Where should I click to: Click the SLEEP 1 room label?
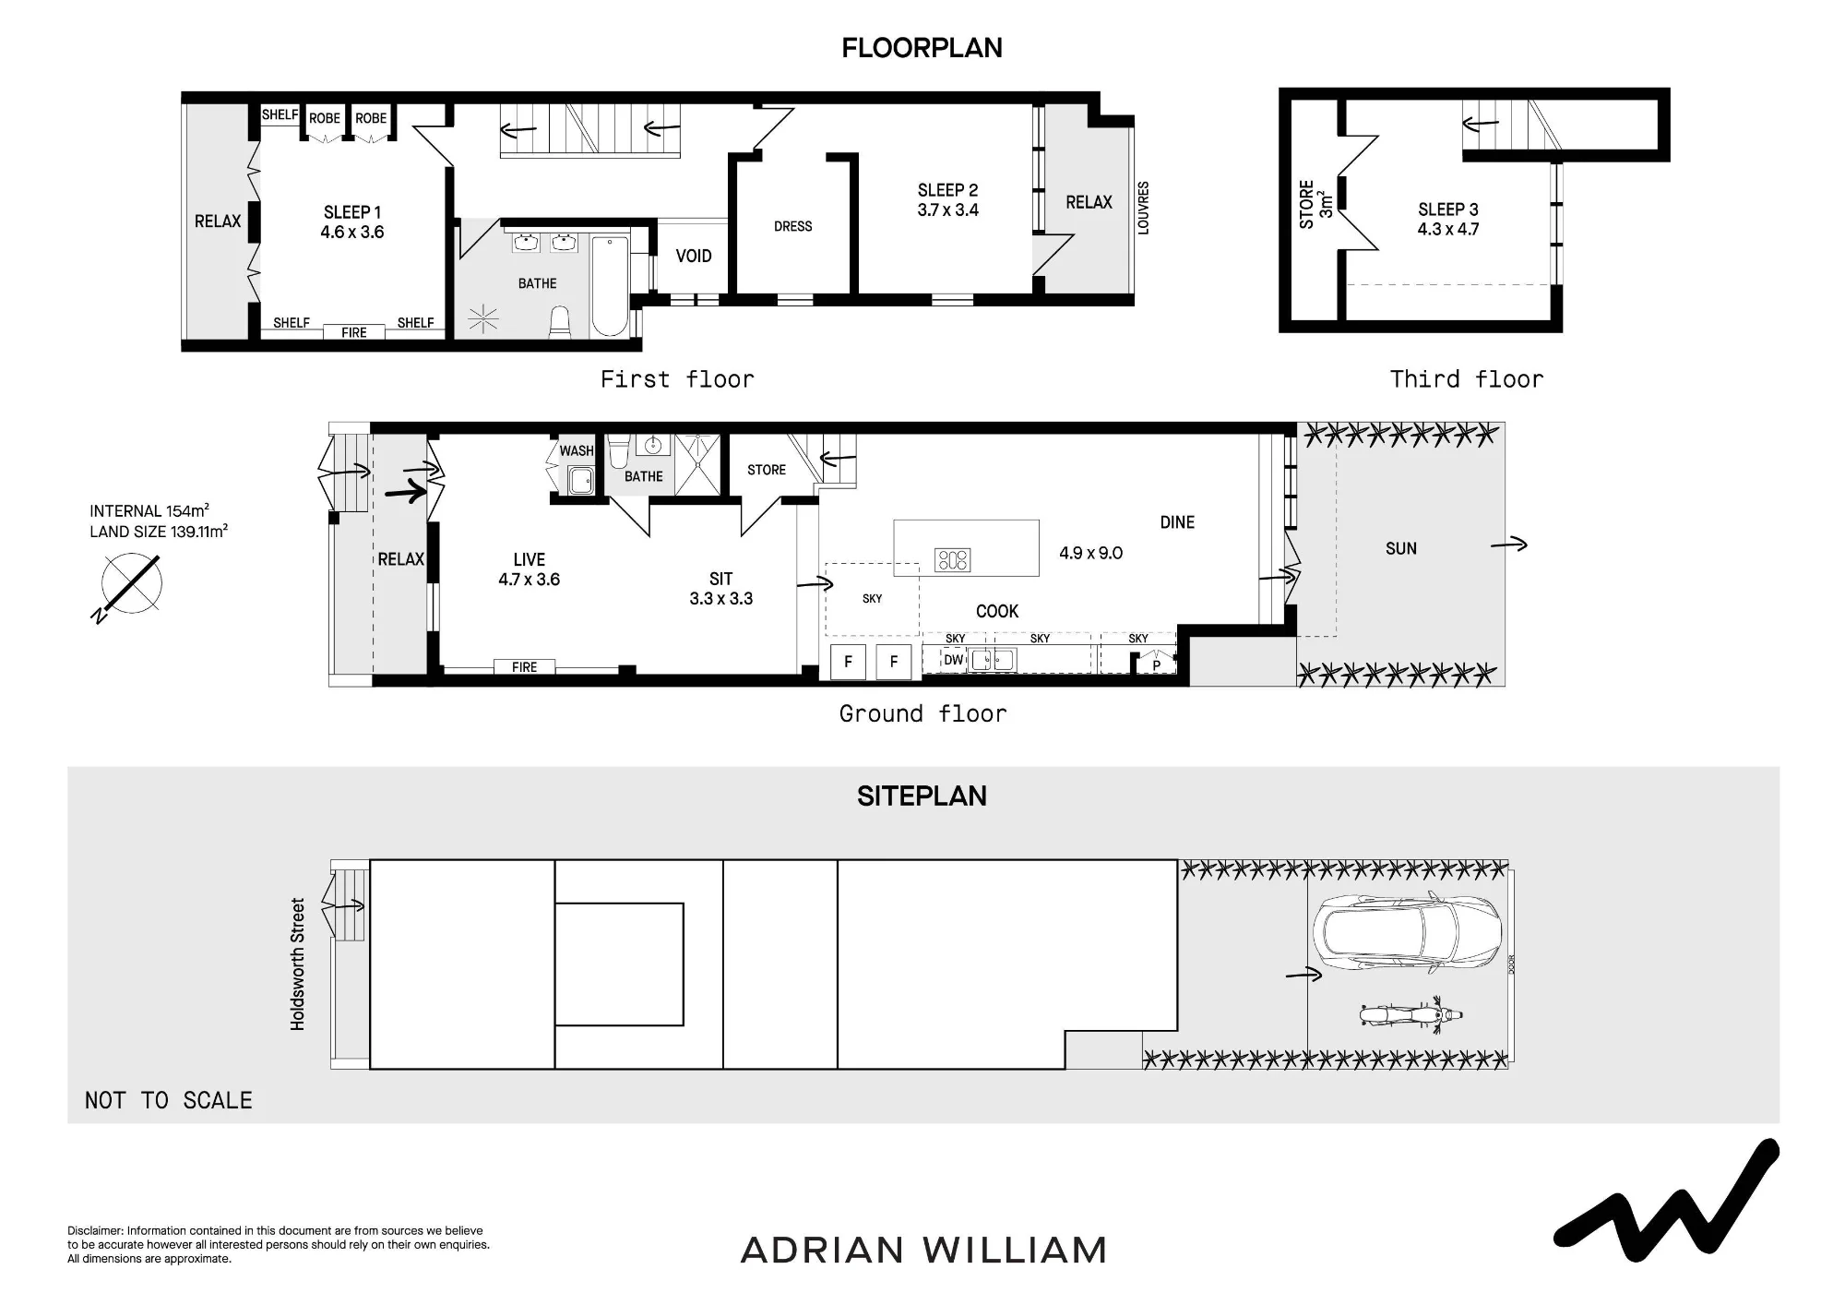tap(352, 212)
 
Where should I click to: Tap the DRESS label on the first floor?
tap(793, 226)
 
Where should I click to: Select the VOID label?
tap(694, 256)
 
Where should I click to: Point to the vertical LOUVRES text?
tap(1143, 208)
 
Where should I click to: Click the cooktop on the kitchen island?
tap(952, 559)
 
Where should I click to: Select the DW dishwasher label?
tap(953, 660)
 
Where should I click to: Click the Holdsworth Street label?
tap(297, 964)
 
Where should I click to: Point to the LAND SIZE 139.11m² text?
tap(159, 532)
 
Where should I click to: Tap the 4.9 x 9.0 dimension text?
tap(1090, 553)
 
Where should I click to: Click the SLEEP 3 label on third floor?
tap(1448, 210)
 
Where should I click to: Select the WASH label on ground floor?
tap(577, 450)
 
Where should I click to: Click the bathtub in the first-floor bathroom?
tap(609, 287)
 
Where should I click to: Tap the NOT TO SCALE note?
tap(169, 1100)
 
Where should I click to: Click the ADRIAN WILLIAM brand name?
tap(923, 1251)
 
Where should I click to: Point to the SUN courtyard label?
tap(1400, 548)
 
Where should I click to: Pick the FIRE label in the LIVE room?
tap(524, 667)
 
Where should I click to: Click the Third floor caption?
tap(1467, 379)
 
